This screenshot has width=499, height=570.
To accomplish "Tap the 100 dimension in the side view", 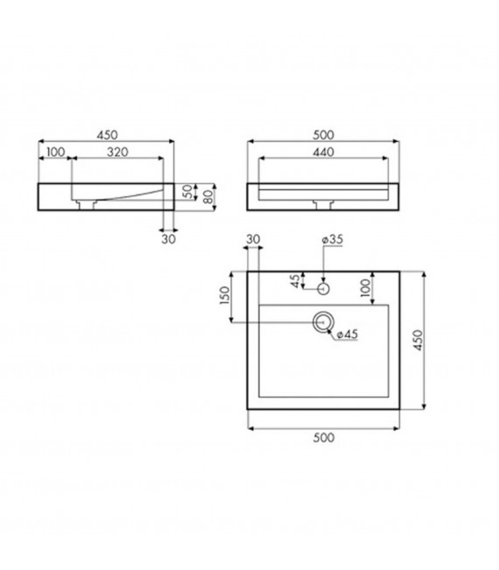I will point(56,152).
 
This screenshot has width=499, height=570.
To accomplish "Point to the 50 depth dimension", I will point(186,191).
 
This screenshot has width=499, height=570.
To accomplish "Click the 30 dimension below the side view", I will point(168,236).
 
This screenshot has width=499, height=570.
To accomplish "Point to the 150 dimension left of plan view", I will point(224,298).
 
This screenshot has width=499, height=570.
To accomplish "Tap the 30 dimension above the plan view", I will point(254,239).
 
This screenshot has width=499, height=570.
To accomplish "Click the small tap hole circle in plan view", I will point(323,286).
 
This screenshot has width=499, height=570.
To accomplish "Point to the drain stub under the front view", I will point(323,206).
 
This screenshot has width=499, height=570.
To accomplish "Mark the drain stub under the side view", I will point(86,206).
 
